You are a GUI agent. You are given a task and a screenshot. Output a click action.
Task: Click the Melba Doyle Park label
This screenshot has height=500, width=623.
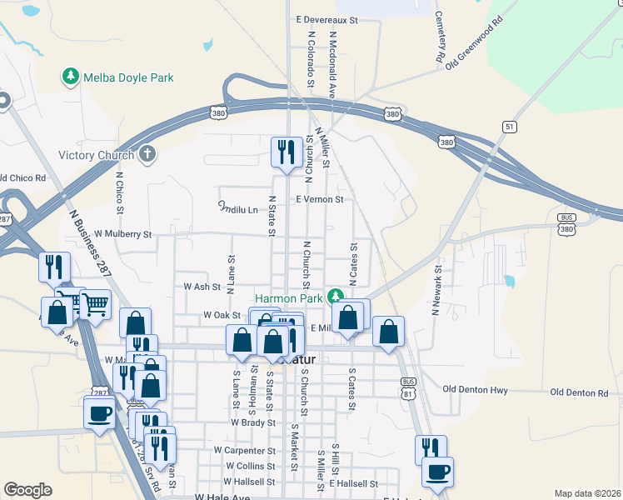point(127,77)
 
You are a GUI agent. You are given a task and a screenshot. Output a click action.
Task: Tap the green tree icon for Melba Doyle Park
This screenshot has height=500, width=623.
point(71,77)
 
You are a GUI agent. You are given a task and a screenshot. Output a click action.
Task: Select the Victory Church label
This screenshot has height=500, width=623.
point(96,155)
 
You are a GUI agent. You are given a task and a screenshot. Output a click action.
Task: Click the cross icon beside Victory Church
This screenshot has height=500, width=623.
point(147,154)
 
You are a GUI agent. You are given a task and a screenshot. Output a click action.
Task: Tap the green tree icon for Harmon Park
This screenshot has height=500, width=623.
point(335,296)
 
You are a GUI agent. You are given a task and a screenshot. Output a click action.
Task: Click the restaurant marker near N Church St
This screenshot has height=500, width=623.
point(287,152)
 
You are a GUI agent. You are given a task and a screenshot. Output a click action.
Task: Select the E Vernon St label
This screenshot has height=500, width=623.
point(320,200)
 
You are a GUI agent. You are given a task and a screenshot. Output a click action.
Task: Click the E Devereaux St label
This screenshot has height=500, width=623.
point(326,18)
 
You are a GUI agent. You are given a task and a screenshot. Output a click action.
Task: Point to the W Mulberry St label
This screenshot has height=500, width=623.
point(123,235)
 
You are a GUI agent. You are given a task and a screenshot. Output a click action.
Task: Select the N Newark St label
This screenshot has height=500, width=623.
point(435,290)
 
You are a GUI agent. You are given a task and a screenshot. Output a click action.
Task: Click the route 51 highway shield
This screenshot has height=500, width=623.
point(509,125)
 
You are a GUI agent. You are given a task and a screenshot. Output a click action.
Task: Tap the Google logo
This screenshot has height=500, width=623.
point(27,490)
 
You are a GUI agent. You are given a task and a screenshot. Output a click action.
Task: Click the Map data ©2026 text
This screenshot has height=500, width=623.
point(587,493)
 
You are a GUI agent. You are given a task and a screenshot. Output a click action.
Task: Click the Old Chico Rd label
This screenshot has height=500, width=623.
point(22,177)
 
